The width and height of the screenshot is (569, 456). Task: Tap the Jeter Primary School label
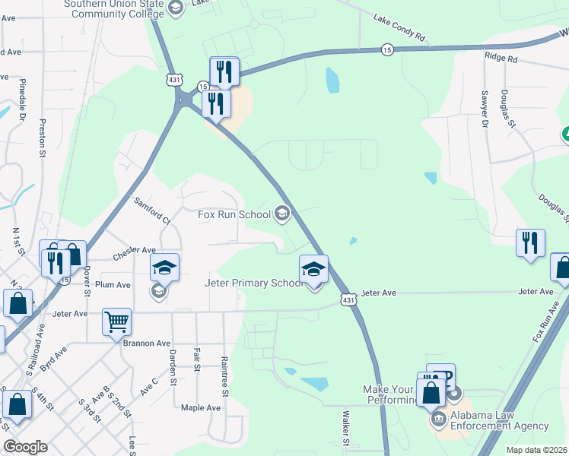click(253, 283)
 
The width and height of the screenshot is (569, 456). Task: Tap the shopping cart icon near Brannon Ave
click(117, 322)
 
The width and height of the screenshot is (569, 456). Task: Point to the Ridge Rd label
click(501, 58)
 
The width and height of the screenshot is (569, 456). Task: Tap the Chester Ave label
click(135, 249)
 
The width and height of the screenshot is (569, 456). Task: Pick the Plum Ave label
click(113, 285)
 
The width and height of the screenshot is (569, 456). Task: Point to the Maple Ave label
click(201, 407)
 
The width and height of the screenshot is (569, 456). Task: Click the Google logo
click(25, 446)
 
